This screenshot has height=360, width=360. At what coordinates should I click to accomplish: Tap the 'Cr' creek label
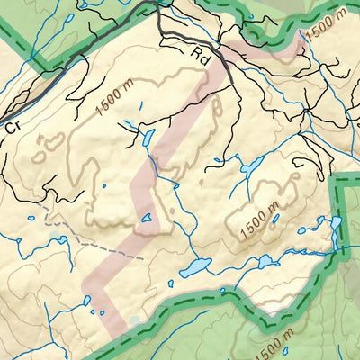coord(12,129)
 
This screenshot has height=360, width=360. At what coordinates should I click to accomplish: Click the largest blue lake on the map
coord(194,267)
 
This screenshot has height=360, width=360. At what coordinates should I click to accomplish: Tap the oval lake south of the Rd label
coord(148,138)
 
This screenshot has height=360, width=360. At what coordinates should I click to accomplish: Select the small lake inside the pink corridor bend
coord(147,217)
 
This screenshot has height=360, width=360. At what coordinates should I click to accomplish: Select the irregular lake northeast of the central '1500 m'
coord(251,166)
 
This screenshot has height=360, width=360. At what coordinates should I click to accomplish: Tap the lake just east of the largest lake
coord(265,262)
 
